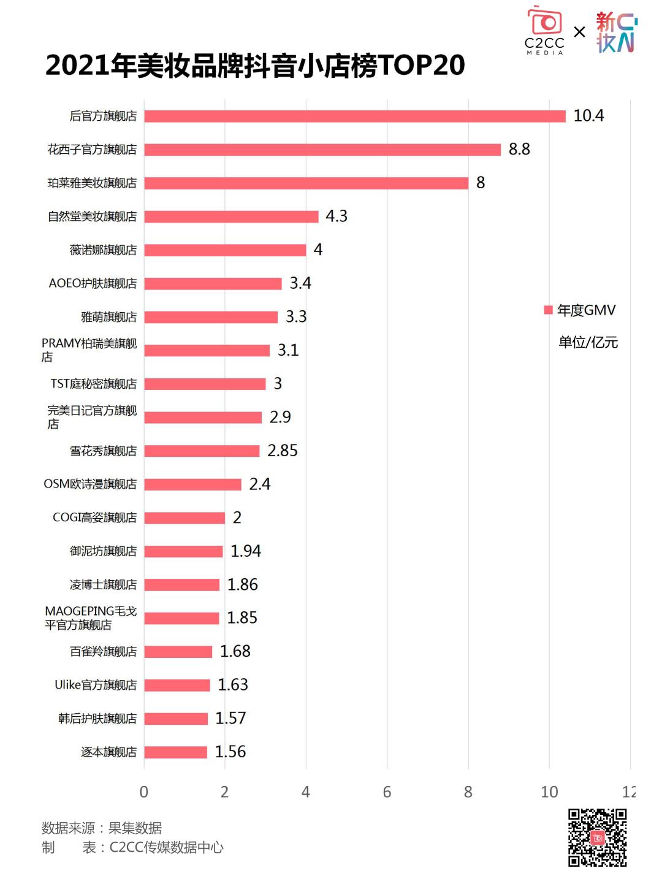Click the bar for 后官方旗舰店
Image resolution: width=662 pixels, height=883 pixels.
point(354,116)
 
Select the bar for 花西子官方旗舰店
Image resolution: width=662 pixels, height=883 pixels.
point(322,150)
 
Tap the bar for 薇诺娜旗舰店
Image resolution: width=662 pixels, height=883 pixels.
point(225,250)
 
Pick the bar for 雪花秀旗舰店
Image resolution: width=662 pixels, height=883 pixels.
point(202,451)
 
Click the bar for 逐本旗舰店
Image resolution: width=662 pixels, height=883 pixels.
point(175,752)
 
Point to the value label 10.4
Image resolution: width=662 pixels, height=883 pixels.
point(588,116)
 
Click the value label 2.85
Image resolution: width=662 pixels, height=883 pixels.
point(283,451)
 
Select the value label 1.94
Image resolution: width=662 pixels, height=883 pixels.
point(246,551)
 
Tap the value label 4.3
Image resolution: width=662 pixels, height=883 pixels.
point(337,216)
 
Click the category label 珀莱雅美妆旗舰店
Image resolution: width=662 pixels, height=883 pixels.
point(93,183)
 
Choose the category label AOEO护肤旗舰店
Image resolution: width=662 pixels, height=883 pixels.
point(93,283)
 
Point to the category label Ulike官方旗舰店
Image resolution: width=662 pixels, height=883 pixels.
point(96,685)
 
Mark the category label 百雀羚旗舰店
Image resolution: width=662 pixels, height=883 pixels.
point(103,651)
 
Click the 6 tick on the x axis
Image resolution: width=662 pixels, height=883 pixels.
point(387,792)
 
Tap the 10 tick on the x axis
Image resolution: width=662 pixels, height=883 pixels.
point(549,792)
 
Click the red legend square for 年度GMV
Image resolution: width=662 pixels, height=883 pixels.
point(549,310)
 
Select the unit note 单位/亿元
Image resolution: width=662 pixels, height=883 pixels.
point(588,342)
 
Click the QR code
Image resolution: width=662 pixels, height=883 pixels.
point(597,838)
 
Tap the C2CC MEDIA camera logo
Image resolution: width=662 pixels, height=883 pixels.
point(544,31)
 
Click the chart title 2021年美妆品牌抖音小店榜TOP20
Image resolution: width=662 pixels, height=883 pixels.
point(255,66)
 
